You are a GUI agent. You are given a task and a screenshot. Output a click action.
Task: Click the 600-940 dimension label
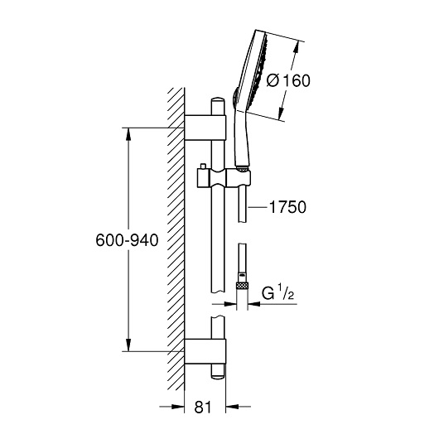(x=127, y=240)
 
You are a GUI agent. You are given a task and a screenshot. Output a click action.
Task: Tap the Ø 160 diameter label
(x=288, y=80)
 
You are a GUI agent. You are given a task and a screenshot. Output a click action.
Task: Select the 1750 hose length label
(x=287, y=207)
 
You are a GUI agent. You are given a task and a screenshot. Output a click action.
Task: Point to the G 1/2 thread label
(x=277, y=292)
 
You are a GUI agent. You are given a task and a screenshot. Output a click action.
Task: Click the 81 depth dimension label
(x=203, y=407)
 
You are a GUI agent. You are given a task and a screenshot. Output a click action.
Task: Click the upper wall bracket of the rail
(x=205, y=128)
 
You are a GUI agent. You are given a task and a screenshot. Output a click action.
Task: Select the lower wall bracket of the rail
(x=205, y=351)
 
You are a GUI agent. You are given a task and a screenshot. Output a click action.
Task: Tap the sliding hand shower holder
(x=224, y=178)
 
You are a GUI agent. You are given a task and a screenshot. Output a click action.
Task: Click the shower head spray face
(x=259, y=71)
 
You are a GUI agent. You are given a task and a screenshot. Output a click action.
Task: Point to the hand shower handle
(x=241, y=140)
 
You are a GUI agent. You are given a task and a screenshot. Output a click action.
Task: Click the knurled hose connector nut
(x=242, y=286)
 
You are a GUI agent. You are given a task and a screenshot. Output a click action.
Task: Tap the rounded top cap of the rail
(x=218, y=100)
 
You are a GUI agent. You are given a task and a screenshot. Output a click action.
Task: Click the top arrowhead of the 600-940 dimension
(x=128, y=134)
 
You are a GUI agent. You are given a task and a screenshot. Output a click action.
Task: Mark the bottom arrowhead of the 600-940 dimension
(x=128, y=345)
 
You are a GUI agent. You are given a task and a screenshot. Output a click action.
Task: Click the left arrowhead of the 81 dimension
(x=178, y=407)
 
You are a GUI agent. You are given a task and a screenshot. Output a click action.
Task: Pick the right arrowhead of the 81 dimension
(x=232, y=407)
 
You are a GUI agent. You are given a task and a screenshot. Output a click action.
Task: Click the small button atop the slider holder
(x=203, y=166)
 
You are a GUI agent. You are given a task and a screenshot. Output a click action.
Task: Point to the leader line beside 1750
(x=258, y=207)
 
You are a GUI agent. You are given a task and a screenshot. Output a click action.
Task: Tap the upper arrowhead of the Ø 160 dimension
(x=297, y=48)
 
